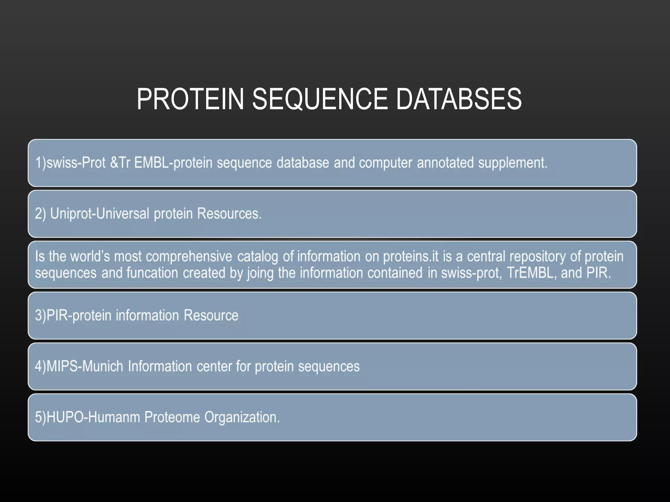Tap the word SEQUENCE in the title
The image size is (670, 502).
click(x=320, y=99)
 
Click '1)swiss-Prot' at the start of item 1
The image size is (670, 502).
click(x=70, y=163)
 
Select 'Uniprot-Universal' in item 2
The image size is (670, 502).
click(x=100, y=214)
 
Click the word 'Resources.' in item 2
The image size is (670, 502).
click(x=229, y=214)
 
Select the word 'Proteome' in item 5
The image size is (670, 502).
click(x=172, y=417)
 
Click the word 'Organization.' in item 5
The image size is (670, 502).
click(x=242, y=418)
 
